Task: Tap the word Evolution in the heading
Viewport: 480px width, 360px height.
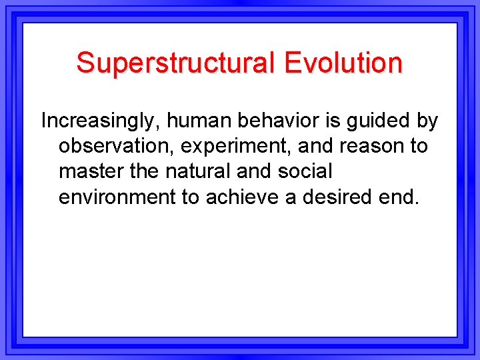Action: tap(343, 63)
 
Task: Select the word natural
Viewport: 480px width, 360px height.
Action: tap(200, 171)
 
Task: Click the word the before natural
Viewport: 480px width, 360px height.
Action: tap(143, 171)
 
